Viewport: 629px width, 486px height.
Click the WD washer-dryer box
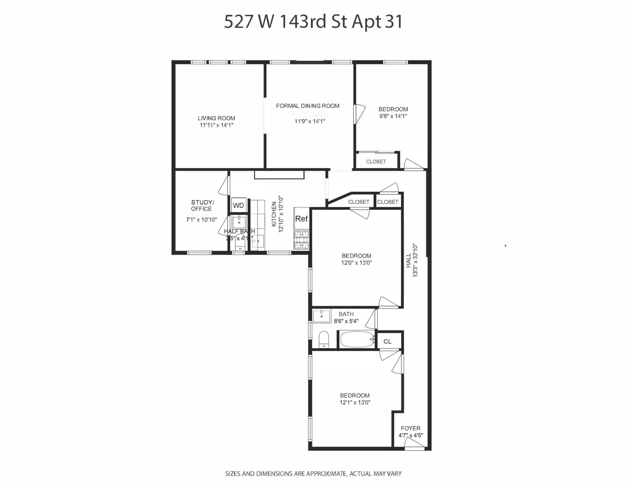239,205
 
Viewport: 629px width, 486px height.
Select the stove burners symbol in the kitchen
301,240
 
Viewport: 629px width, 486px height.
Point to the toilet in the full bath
324,340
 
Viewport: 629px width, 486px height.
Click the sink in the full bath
321,316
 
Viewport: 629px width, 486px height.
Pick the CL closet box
388,342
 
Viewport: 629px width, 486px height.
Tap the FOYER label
411,428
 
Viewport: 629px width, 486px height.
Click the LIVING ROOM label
216,118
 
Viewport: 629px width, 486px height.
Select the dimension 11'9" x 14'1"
310,121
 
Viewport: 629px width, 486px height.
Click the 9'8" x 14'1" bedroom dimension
393,116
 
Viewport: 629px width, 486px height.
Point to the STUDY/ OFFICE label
202,206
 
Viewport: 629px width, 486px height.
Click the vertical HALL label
409,261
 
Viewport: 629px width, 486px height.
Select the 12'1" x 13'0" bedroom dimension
355,402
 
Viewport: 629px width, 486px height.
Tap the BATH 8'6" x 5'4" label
346,317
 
